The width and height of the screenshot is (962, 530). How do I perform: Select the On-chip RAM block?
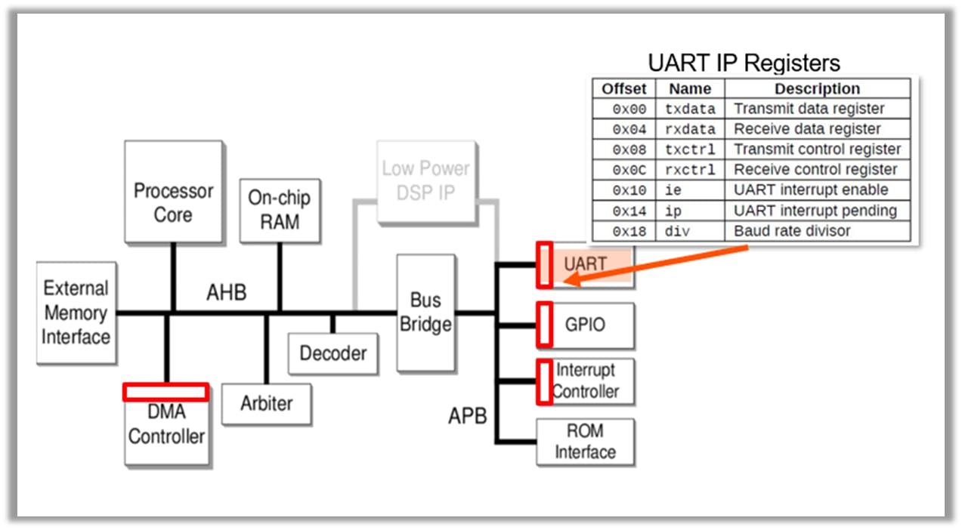coord(280,210)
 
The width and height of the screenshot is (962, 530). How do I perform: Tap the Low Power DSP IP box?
coord(425,180)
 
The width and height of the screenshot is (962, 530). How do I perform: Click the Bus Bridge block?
coord(425,313)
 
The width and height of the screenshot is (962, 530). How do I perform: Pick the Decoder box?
coord(333,353)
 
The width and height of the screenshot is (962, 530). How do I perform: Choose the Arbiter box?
coord(266,404)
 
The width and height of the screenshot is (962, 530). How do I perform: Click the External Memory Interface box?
coord(76,313)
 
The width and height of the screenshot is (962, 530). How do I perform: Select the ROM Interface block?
coord(585,442)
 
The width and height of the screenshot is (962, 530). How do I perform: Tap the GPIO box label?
coord(585,325)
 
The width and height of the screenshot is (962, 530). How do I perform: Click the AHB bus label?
coord(227,293)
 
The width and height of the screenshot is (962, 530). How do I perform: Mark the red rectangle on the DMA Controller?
coord(165,391)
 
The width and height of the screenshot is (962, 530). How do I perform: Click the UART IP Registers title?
coord(744,63)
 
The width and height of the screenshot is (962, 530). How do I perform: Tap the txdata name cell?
coord(689,109)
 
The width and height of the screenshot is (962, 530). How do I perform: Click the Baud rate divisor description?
coord(792,231)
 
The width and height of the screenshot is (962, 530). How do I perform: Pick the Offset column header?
coord(623,88)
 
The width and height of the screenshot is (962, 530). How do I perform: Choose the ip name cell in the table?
coord(673,211)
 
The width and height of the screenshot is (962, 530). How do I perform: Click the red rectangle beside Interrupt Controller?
coord(544,381)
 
